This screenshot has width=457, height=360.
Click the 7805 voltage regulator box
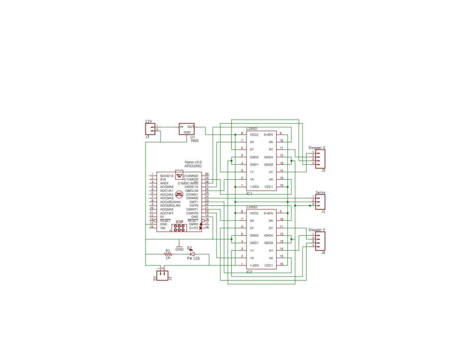187,129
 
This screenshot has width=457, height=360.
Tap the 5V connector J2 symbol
162,276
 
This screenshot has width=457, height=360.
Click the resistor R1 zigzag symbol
168,254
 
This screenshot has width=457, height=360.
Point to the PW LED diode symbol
192,254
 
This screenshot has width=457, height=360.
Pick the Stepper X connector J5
320,159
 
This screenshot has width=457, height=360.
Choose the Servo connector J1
320,201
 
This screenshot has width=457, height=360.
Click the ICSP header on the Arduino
179,227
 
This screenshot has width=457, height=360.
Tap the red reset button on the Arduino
179,193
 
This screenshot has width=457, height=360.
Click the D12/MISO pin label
191,176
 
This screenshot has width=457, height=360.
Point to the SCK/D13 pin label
167,176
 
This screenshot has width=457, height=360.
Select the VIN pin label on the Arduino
163,228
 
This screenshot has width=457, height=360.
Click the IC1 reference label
249,193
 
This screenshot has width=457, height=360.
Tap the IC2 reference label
249,272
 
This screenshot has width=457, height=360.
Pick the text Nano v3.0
193,162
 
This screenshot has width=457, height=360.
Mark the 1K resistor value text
168,258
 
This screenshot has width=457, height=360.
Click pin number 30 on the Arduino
206,174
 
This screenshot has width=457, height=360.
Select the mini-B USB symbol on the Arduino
179,174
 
